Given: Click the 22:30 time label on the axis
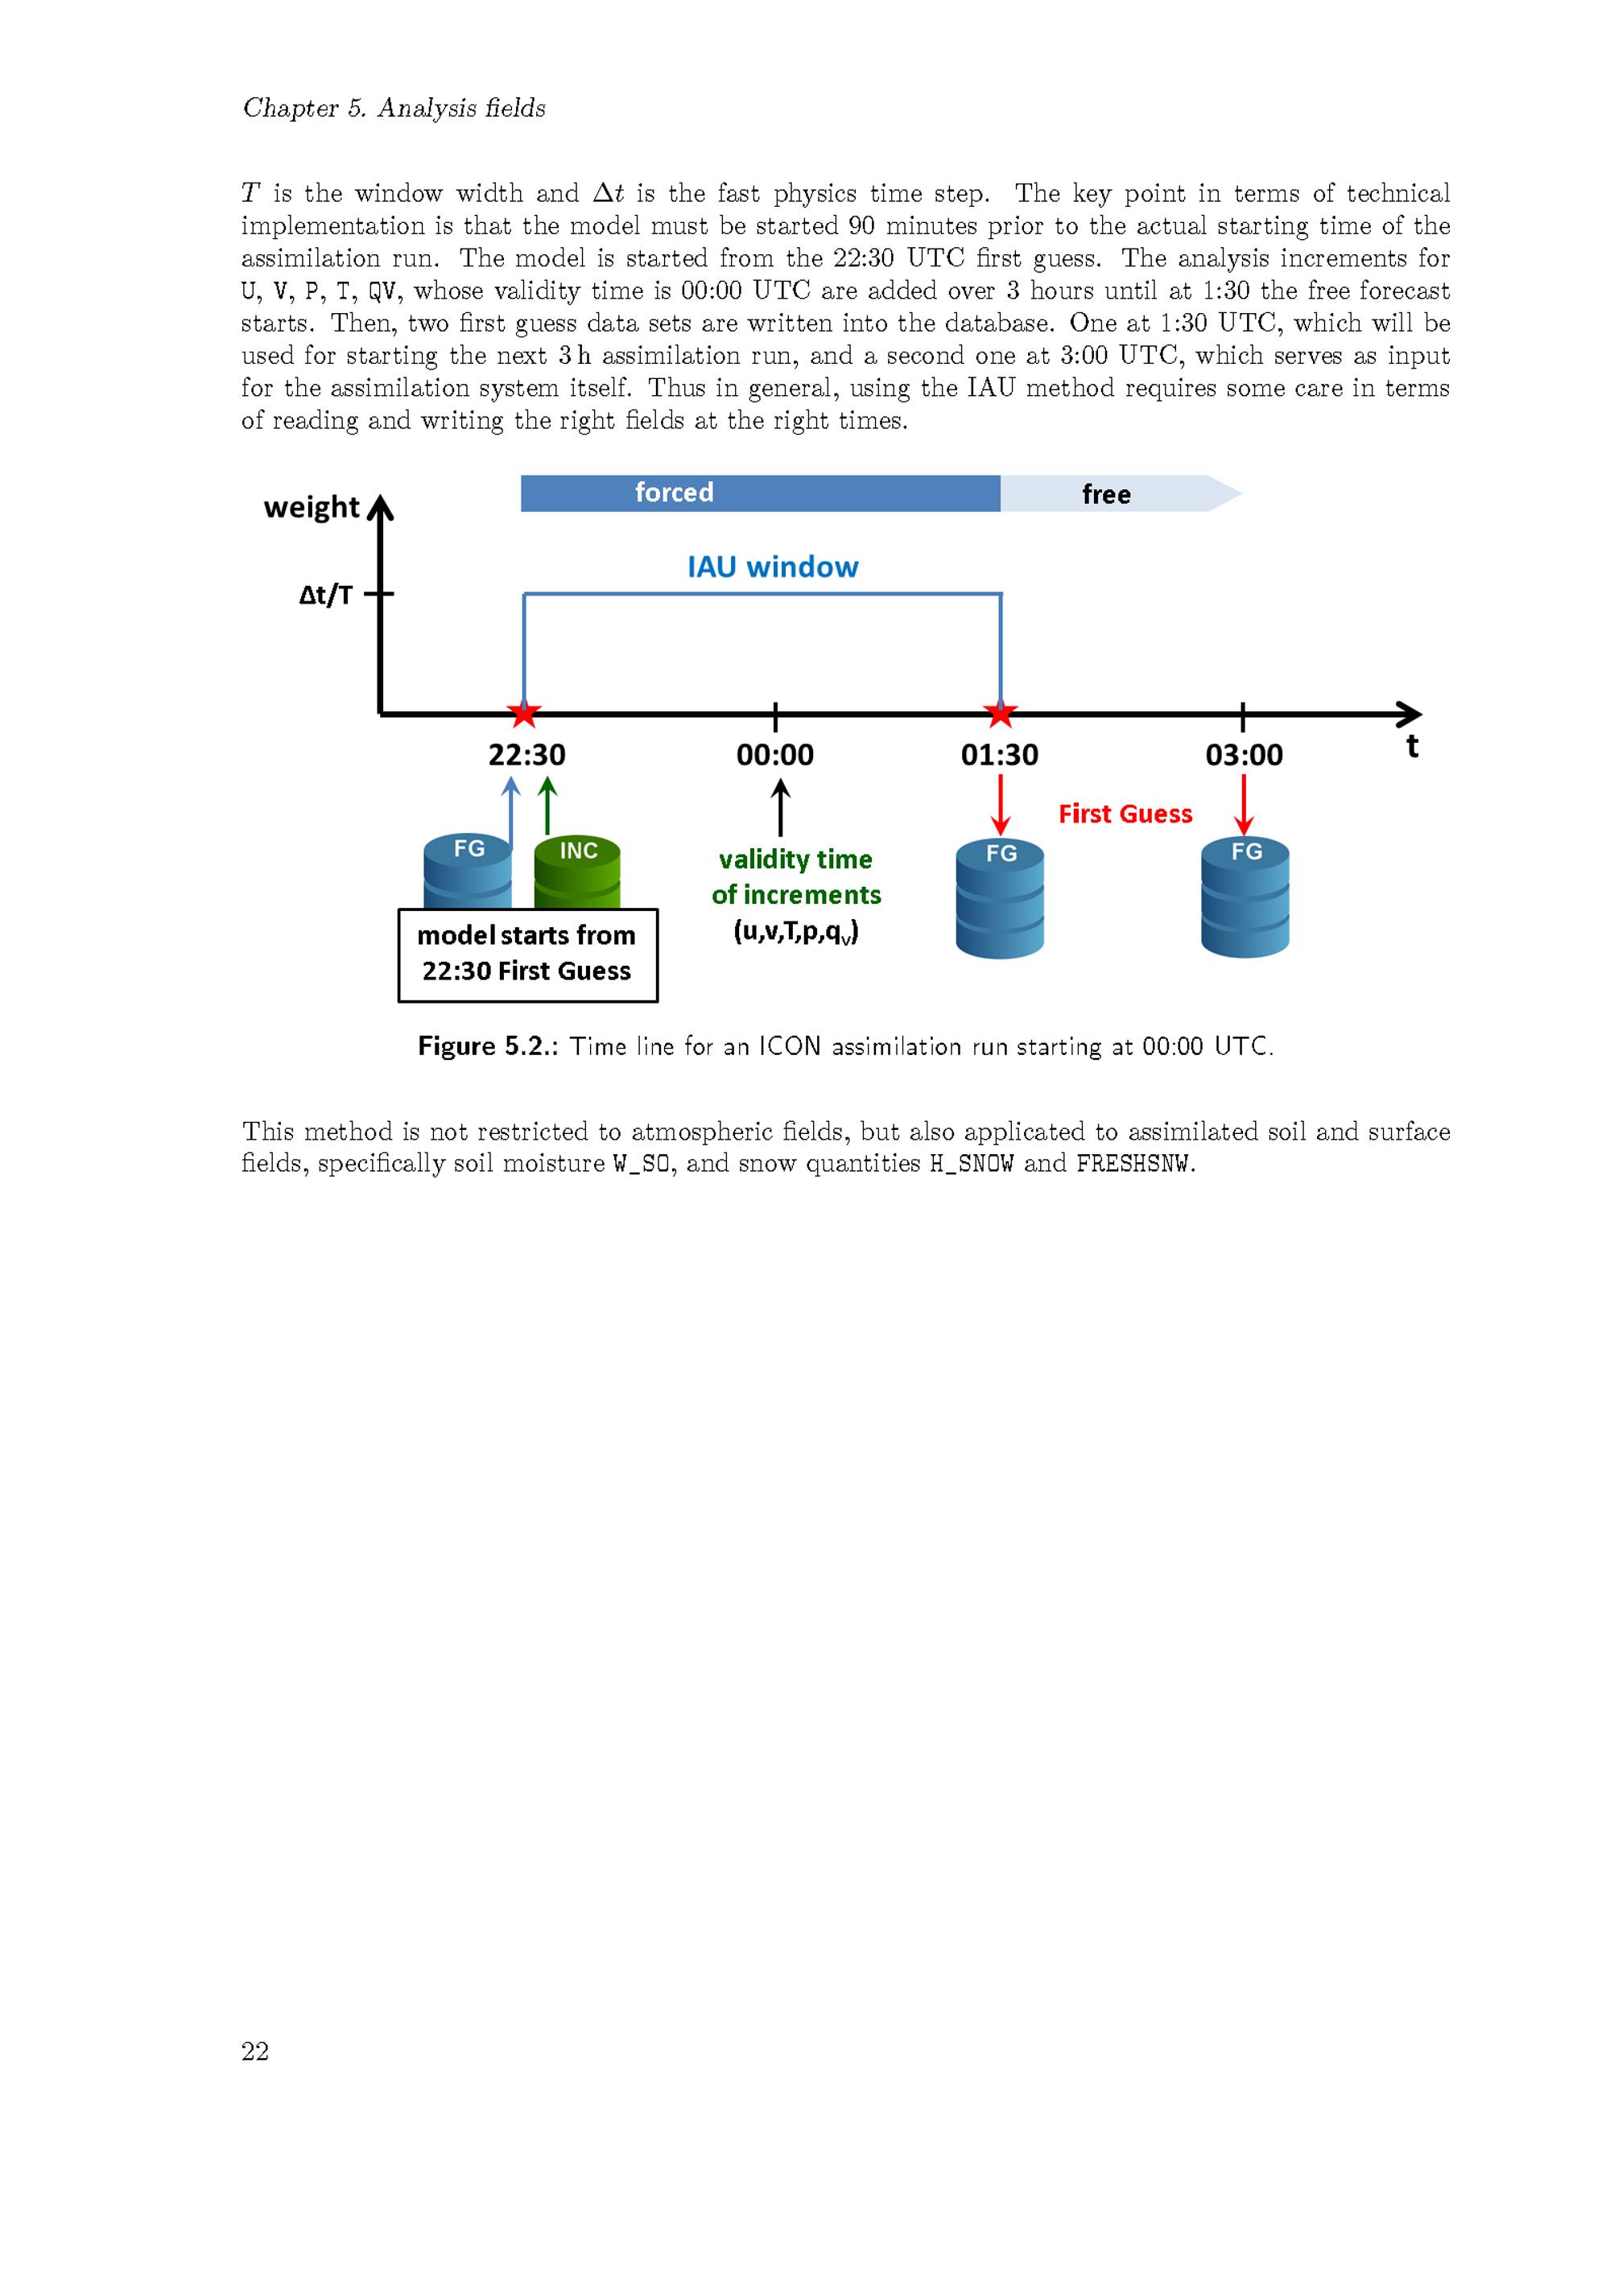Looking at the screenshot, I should [x=526, y=756].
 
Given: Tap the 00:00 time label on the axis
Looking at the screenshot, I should [x=774, y=756].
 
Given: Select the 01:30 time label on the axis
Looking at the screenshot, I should [x=999, y=756].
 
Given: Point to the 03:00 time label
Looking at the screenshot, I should [x=1245, y=756].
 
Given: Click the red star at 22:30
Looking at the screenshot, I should [x=523, y=713].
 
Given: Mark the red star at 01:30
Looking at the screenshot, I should [x=1001, y=713].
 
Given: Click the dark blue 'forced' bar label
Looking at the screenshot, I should [x=674, y=493].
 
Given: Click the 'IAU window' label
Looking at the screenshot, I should [x=774, y=567].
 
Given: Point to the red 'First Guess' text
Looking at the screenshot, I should [x=1125, y=814].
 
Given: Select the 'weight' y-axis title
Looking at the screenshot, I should [x=312, y=508].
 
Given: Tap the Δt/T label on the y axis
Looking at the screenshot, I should [x=325, y=595].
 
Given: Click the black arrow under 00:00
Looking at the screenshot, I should [x=780, y=807].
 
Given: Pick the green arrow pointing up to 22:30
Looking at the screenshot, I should [x=547, y=805].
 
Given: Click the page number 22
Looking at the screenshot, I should [x=255, y=2051].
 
